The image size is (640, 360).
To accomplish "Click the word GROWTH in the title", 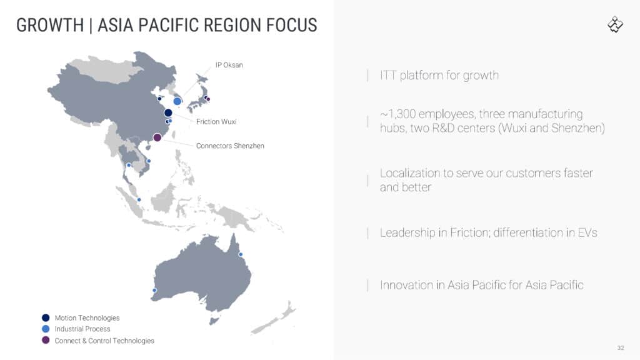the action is click(x=50, y=25).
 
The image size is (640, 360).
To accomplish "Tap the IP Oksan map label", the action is click(x=229, y=65).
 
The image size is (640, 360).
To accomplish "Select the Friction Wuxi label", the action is click(x=216, y=122).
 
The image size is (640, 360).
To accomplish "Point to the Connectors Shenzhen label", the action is click(x=230, y=146).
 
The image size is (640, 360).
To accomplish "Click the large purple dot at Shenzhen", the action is click(x=157, y=137).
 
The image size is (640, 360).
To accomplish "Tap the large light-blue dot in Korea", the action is click(x=177, y=101).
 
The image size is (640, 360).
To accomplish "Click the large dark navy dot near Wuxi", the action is click(x=168, y=112).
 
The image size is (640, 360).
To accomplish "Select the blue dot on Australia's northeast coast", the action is click(x=241, y=254).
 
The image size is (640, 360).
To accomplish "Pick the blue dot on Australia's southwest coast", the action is click(x=154, y=290).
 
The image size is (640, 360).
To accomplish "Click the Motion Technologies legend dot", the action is click(x=46, y=317).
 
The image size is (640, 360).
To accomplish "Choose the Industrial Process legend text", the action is click(x=82, y=329).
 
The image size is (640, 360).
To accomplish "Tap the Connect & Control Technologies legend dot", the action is click(x=46, y=340).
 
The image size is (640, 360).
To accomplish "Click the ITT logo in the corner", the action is click(x=615, y=24).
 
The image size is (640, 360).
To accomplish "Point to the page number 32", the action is click(x=621, y=347).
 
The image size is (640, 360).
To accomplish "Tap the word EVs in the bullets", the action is click(x=587, y=232).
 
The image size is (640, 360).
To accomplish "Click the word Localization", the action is click(x=410, y=173).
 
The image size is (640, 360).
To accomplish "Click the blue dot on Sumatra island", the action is click(x=139, y=199).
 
